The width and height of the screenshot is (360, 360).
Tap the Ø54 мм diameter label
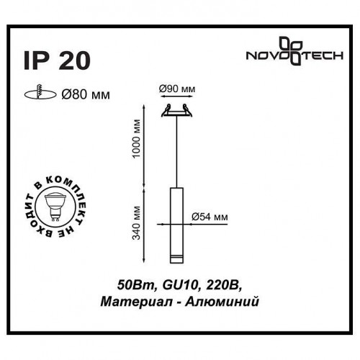pyautogui.click(x=212, y=215)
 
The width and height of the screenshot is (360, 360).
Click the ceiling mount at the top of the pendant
pyautogui.click(x=177, y=110)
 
